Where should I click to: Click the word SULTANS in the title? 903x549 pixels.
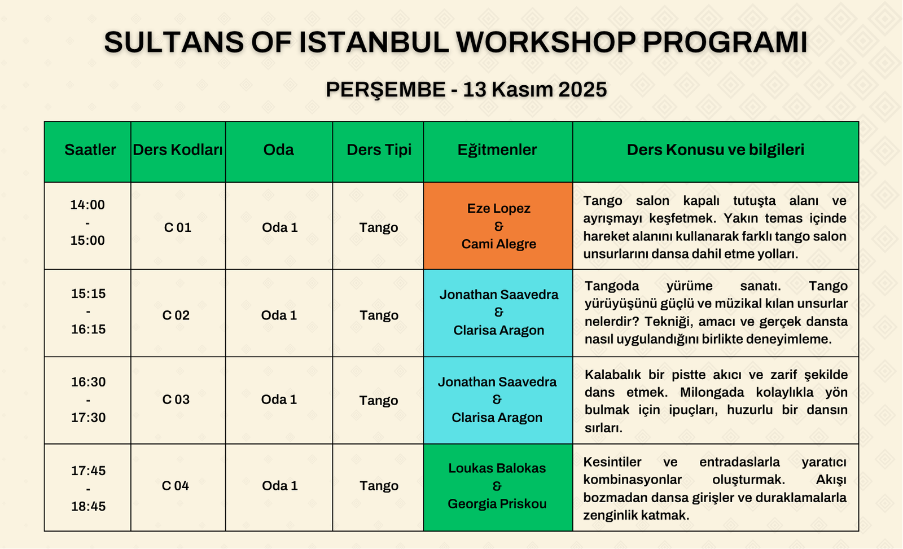point(174,42)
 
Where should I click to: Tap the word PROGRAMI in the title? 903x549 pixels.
point(725,42)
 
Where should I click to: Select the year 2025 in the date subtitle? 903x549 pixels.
point(582,90)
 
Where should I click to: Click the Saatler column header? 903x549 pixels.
point(90,150)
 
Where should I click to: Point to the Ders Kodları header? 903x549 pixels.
point(178,150)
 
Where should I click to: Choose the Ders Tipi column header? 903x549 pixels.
point(379,150)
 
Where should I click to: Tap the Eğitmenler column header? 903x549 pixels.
point(497,150)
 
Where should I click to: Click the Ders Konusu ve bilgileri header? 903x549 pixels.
point(716,150)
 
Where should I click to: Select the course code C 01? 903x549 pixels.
point(177,228)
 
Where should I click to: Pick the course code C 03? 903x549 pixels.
point(176,399)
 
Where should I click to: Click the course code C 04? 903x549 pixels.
point(176,486)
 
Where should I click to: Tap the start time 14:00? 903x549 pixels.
point(87,205)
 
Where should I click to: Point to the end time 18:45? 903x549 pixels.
point(88,506)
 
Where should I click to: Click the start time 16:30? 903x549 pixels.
point(88,382)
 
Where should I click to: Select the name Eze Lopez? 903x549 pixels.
point(499,208)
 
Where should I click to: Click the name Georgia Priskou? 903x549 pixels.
point(497,504)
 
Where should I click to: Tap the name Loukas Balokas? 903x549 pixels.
point(497,468)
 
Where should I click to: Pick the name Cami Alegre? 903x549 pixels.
point(499,244)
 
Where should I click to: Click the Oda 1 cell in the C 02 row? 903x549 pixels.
point(279,315)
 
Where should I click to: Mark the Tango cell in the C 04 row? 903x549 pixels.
point(379,486)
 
